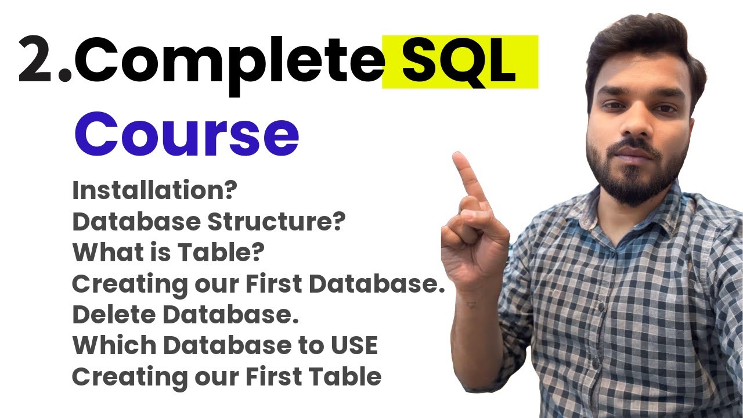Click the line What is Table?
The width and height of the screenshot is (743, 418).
click(168, 253)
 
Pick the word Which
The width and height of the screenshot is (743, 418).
click(114, 346)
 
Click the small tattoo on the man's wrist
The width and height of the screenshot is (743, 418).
click(471, 304)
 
